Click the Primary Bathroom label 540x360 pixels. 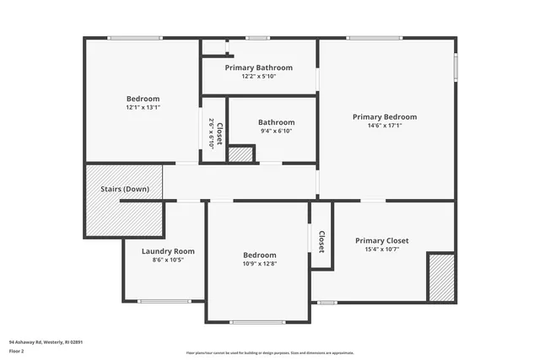[258, 67]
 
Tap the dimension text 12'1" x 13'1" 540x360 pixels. [143, 107]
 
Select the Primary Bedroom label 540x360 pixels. [385, 117]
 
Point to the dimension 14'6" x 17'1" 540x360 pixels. [385, 126]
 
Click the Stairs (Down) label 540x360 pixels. [125, 189]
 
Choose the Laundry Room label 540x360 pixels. [168, 251]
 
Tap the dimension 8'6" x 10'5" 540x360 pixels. [168, 260]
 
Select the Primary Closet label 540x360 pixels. [381, 240]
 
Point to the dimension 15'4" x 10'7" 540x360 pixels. [381, 249]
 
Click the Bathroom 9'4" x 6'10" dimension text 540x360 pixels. [276, 131]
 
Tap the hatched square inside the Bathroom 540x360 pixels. [241, 154]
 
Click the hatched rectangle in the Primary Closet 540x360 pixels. [441, 277]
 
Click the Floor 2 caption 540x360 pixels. [18, 351]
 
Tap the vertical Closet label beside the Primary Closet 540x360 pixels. [321, 242]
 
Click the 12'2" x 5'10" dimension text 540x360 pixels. [258, 76]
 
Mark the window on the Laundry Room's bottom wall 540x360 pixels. [164, 301]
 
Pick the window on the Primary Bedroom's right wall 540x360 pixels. [456, 67]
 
